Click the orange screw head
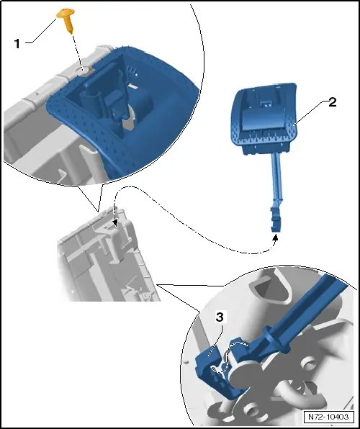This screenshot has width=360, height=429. click(66, 13)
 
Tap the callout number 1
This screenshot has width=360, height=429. click(17, 44)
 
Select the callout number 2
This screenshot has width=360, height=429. click(332, 103)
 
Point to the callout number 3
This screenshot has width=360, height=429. click(220, 317)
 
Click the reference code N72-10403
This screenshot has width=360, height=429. click(328, 417)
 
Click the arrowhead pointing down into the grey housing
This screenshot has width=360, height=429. click(116, 222)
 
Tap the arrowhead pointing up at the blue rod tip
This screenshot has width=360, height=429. click(275, 238)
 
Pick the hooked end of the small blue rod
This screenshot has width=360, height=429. click(276, 220)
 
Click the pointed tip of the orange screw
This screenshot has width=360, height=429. click(72, 32)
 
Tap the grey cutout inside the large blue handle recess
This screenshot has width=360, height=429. click(127, 121)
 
